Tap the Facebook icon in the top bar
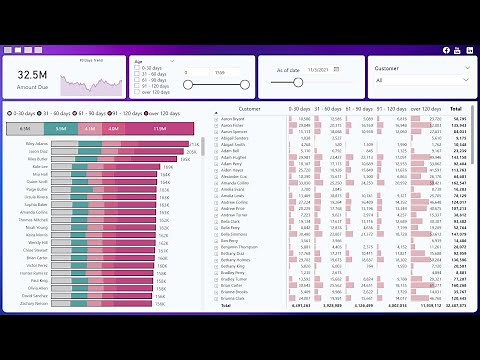pyautogui.click(x=446, y=50)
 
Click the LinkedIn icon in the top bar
pyautogui.click(x=469, y=50)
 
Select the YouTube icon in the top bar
pyautogui.click(x=458, y=50)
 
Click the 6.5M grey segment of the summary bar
pyautogui.click(x=25, y=128)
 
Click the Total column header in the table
pyautogui.click(x=456, y=108)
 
